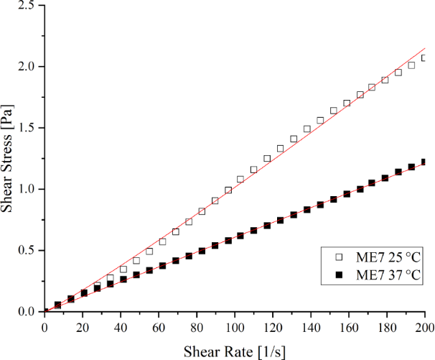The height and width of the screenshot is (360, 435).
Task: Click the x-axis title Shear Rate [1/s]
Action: coord(235,351)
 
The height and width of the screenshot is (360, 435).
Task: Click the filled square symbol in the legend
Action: coord(340,275)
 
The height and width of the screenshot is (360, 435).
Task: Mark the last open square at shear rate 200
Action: coord(424,58)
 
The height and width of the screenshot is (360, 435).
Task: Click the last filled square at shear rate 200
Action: coord(424,162)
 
